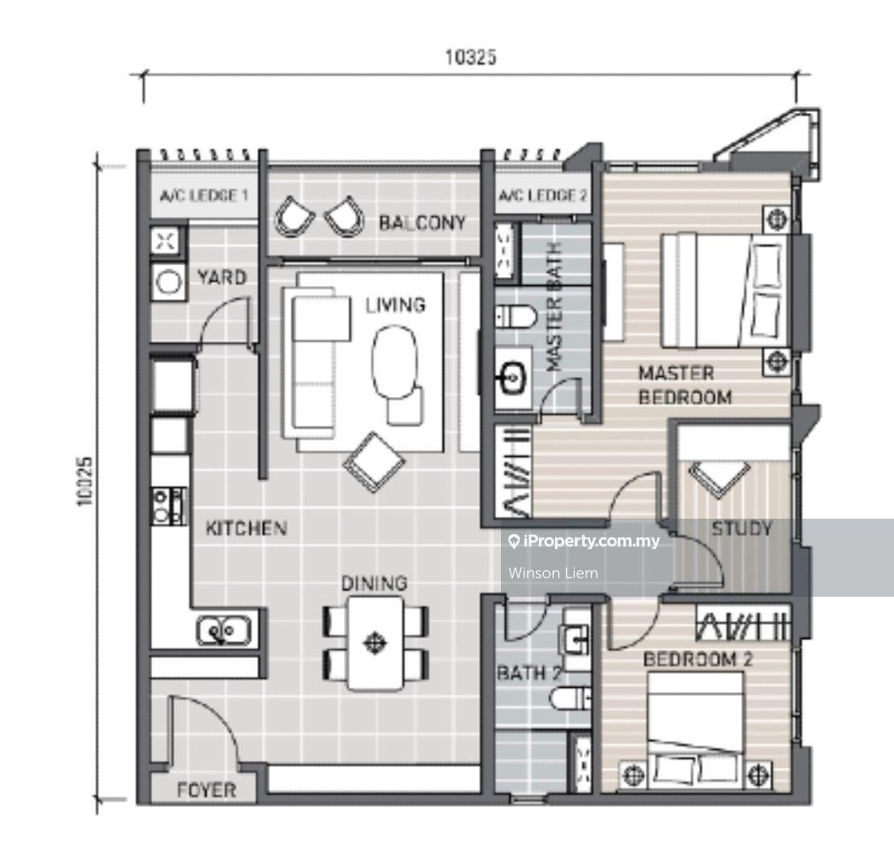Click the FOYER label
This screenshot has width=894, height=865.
click(206, 790)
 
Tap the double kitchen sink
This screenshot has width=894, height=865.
click(224, 631)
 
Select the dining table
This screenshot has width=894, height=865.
click(375, 644)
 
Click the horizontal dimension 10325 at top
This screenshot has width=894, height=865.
click(470, 57)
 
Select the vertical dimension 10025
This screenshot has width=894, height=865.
click(84, 482)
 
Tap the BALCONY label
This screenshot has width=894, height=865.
click(422, 222)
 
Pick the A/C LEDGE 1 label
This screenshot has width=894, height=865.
click(204, 197)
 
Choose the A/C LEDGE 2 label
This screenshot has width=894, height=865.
click(542, 197)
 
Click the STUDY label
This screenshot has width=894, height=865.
click(742, 528)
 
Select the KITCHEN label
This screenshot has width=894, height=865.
click(246, 528)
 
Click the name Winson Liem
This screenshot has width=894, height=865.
click(553, 573)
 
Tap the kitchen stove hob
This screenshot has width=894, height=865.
click(169, 506)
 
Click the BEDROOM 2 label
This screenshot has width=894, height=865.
click(697, 660)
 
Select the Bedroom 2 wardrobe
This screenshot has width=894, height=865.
click(743, 623)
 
